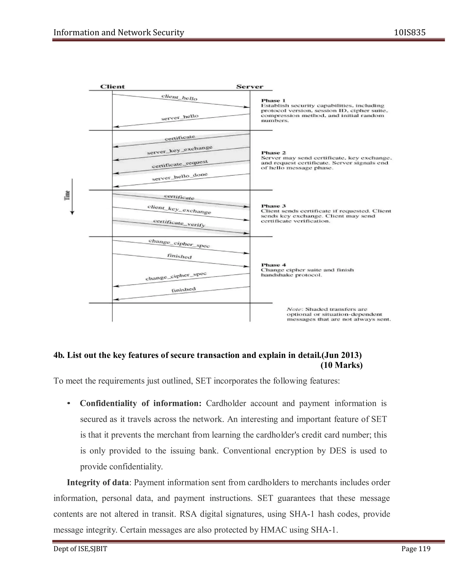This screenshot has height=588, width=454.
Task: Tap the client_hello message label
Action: click(x=179, y=97)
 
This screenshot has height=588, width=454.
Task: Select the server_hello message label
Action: click(x=180, y=117)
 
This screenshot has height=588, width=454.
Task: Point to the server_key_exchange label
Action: click(x=180, y=150)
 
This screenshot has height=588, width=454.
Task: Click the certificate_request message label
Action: click(x=180, y=164)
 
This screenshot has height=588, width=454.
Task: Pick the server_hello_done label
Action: click(x=180, y=177)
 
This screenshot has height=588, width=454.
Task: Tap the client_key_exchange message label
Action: click(x=179, y=210)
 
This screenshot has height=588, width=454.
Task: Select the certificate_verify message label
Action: click(x=179, y=223)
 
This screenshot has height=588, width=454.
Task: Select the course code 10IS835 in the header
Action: click(x=410, y=33)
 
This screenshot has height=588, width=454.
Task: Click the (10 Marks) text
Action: click(x=341, y=365)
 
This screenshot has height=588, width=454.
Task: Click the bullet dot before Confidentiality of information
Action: click(x=69, y=404)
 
